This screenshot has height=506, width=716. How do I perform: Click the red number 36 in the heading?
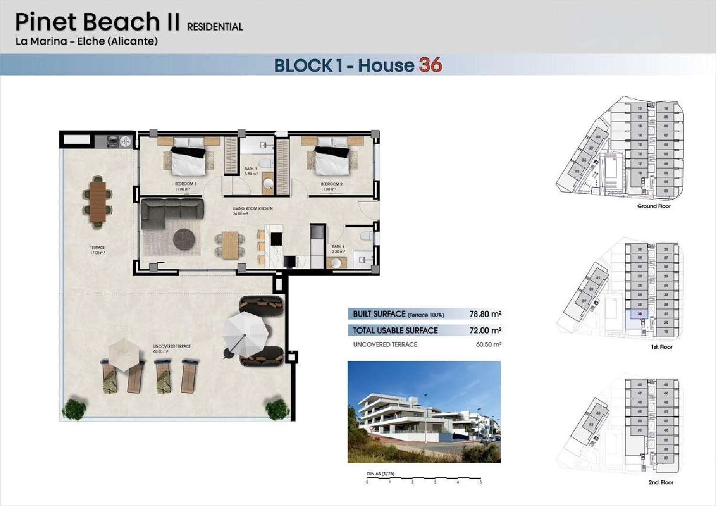tap(431, 65)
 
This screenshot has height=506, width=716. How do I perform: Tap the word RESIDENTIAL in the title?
tap(215, 27)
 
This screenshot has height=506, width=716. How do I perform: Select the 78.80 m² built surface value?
tap(485, 314)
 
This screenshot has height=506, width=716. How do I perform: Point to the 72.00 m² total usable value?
tap(485, 330)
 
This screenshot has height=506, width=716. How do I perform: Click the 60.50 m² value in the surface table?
tap(488, 344)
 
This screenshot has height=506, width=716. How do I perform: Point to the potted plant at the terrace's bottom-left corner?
tap(74, 409)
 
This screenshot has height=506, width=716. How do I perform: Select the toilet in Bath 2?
tap(366, 236)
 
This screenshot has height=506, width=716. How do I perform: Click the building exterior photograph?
tap(424, 412)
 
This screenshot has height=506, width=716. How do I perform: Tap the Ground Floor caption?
tap(653, 206)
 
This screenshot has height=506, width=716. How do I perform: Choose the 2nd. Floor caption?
tap(661, 483)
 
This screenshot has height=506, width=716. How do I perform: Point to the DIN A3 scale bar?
tap(423, 479)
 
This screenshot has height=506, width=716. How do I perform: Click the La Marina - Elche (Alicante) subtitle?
tap(86, 41)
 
